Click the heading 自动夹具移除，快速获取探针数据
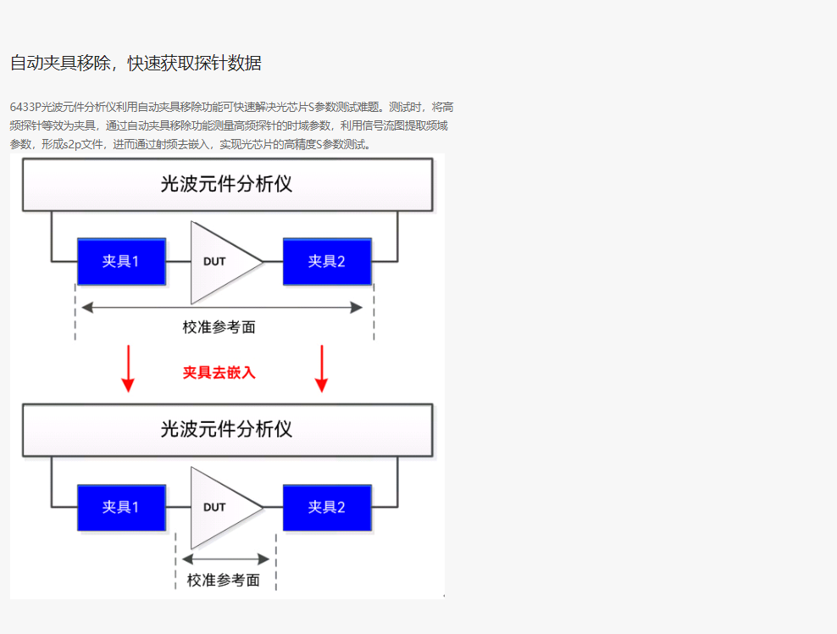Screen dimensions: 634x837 (x=136, y=64)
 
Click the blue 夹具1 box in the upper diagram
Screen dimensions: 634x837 (x=121, y=261)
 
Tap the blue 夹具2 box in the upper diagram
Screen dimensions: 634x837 (x=327, y=261)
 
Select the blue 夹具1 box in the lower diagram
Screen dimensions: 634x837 (x=121, y=507)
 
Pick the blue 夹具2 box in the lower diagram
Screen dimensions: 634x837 (x=327, y=507)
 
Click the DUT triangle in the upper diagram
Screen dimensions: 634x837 (x=219, y=262)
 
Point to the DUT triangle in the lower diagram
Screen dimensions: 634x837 (x=219, y=508)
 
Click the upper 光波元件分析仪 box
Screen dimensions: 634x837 (x=227, y=184)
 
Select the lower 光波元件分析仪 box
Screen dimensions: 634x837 (x=227, y=430)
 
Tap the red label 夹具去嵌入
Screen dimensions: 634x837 (x=219, y=372)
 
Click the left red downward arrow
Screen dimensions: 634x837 (x=128, y=370)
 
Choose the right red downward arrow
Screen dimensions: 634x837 (x=321, y=370)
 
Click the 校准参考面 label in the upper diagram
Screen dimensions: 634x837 (x=219, y=327)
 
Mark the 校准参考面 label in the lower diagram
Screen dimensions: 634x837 (x=224, y=581)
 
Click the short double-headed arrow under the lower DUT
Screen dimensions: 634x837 (x=225, y=559)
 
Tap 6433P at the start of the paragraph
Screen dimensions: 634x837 (x=25, y=108)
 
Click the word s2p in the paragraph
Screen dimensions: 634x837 (x=74, y=144)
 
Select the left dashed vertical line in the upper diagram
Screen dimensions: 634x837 (x=75, y=314)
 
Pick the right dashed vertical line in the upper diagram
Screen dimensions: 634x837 (x=374, y=314)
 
